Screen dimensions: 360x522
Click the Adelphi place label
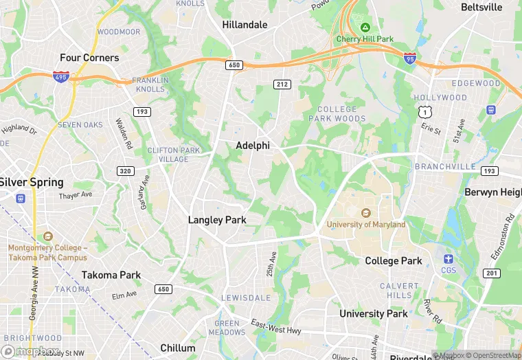pos(253,146)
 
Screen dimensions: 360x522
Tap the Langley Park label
pos(217,220)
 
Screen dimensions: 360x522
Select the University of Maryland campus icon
pos(365,213)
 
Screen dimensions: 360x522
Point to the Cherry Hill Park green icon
pos(365,28)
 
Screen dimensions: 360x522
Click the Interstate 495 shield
pos(60,76)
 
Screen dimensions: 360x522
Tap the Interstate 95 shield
pos(410,59)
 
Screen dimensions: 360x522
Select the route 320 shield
pos(126,170)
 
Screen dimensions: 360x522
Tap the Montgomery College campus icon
pos(47,236)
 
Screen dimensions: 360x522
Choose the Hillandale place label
pos(245,25)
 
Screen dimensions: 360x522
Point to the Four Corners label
pos(89,58)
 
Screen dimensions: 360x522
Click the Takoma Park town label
pos(111,275)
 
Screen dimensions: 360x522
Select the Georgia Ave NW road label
pos(33,306)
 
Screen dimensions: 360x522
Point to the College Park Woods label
pos(341,114)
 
